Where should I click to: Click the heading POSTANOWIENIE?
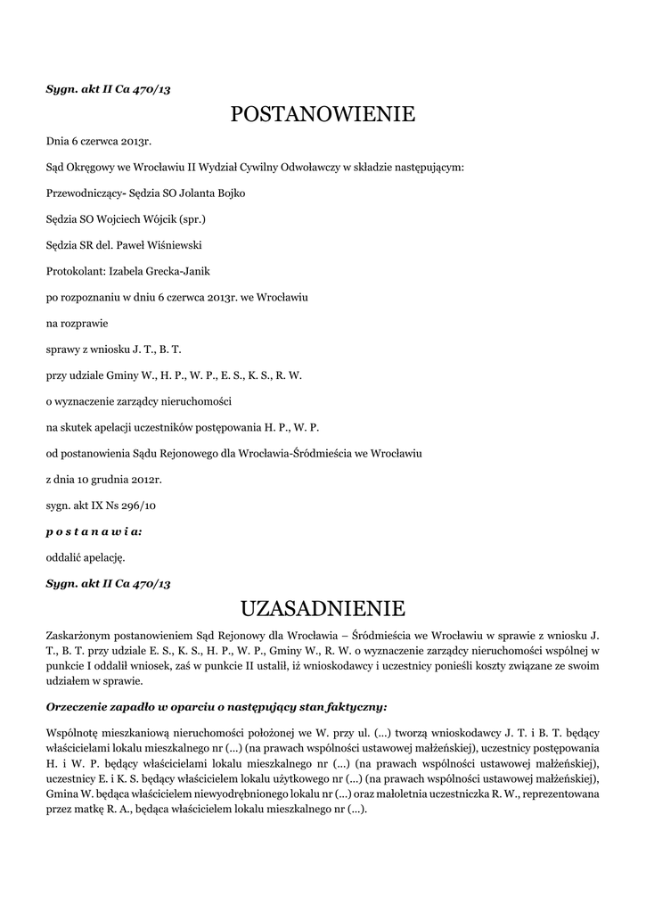[x=323, y=114]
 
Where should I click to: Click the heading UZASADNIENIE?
[x=323, y=609]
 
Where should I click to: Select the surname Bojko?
[x=226, y=193]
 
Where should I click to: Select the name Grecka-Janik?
[x=177, y=270]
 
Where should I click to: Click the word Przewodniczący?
[x=82, y=193]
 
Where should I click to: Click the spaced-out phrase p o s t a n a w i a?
[x=93, y=531]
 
